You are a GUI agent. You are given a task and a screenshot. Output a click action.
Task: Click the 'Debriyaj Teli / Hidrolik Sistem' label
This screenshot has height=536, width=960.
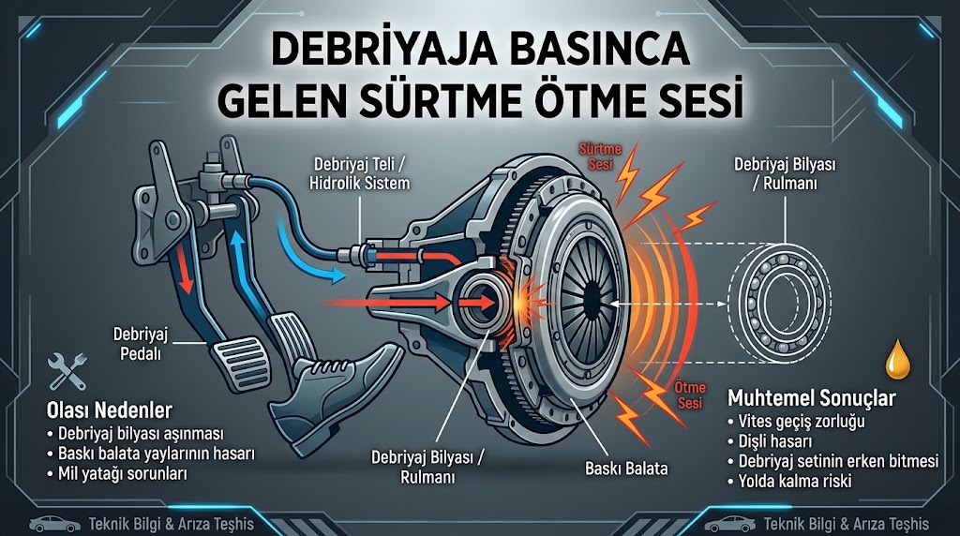(359, 173)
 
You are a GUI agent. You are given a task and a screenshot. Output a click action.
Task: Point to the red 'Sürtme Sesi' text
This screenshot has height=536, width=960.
(600, 156)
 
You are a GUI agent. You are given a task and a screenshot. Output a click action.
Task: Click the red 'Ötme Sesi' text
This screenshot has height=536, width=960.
(690, 395)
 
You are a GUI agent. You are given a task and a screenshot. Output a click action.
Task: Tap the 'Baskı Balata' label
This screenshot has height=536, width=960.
(626, 469)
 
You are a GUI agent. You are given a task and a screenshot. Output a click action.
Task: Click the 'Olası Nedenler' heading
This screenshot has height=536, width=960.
(110, 409)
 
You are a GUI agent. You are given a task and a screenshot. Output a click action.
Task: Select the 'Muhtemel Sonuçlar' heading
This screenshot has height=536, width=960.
(811, 398)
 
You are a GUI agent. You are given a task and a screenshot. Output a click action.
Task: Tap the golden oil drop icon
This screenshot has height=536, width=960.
(898, 360)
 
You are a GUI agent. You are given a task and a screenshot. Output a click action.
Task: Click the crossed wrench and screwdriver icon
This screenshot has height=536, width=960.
(67, 371)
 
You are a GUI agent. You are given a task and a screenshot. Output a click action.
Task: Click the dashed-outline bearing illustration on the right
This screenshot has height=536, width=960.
(779, 304)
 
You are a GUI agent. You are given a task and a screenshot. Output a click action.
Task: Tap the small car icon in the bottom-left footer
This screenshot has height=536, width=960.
(54, 525)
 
